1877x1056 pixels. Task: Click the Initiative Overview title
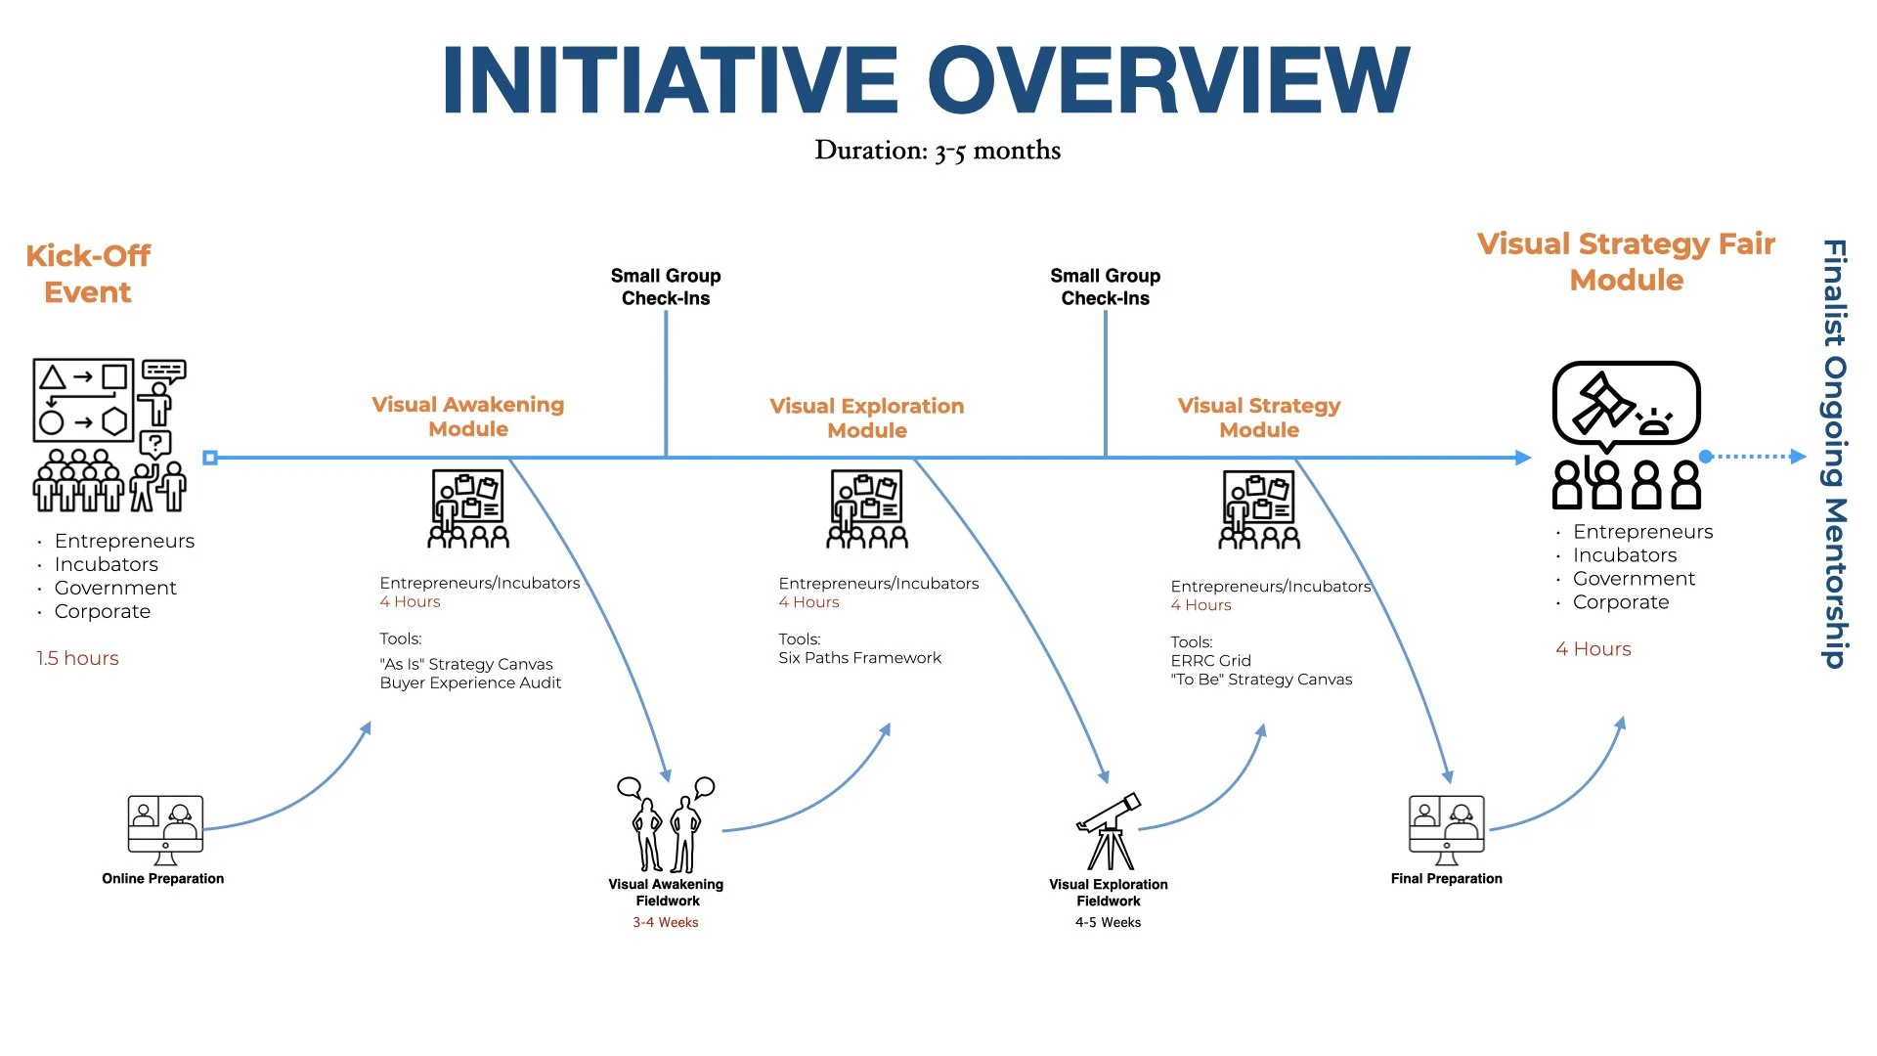click(926, 80)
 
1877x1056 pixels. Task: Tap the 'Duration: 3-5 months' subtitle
click(938, 151)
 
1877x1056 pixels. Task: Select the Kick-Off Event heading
click(88, 274)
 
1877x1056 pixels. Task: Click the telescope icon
click(1109, 831)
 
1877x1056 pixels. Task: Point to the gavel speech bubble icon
click(1626, 405)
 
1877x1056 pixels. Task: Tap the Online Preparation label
click(163, 879)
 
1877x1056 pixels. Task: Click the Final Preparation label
click(1446, 879)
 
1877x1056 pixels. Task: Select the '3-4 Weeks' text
click(666, 922)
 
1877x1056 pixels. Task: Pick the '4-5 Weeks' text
click(1108, 922)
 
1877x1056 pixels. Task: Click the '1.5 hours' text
click(77, 658)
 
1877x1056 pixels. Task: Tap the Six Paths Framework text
click(859, 658)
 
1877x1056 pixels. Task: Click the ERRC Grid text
click(1210, 661)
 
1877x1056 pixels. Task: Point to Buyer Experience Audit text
click(470, 682)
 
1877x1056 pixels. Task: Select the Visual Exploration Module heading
click(866, 418)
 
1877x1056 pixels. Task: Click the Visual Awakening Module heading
click(468, 417)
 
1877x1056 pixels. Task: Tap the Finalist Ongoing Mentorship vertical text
click(1834, 454)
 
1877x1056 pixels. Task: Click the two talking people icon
click(666, 824)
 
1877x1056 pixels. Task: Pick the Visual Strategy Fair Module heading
click(1626, 262)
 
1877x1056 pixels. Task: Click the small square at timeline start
click(210, 458)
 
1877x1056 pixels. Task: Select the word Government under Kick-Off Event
click(115, 588)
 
